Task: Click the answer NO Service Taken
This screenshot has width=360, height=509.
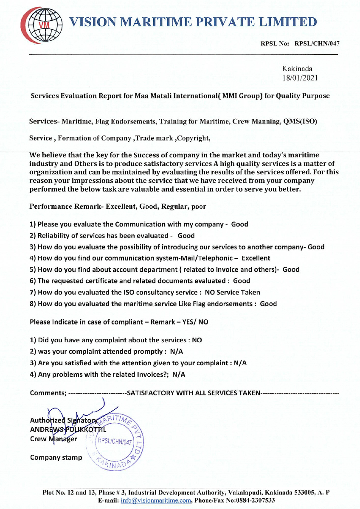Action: pos(232,292)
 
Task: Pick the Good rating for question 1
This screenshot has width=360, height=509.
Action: pos(239,224)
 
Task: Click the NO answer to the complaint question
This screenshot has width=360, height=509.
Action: pos(197,340)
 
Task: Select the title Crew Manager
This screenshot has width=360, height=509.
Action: pos(53,439)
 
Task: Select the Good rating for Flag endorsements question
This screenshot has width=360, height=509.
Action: pos(268,304)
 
